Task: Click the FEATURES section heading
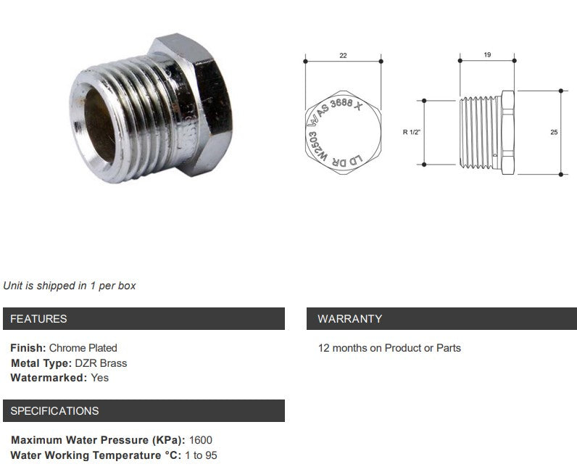38,319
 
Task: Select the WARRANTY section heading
349,319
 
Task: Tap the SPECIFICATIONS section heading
54,411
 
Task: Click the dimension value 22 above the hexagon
343,54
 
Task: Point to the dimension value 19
487,55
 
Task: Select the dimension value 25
554,133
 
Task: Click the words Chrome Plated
83,348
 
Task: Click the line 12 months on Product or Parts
389,348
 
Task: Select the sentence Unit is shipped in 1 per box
70,286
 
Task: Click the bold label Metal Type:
41,363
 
